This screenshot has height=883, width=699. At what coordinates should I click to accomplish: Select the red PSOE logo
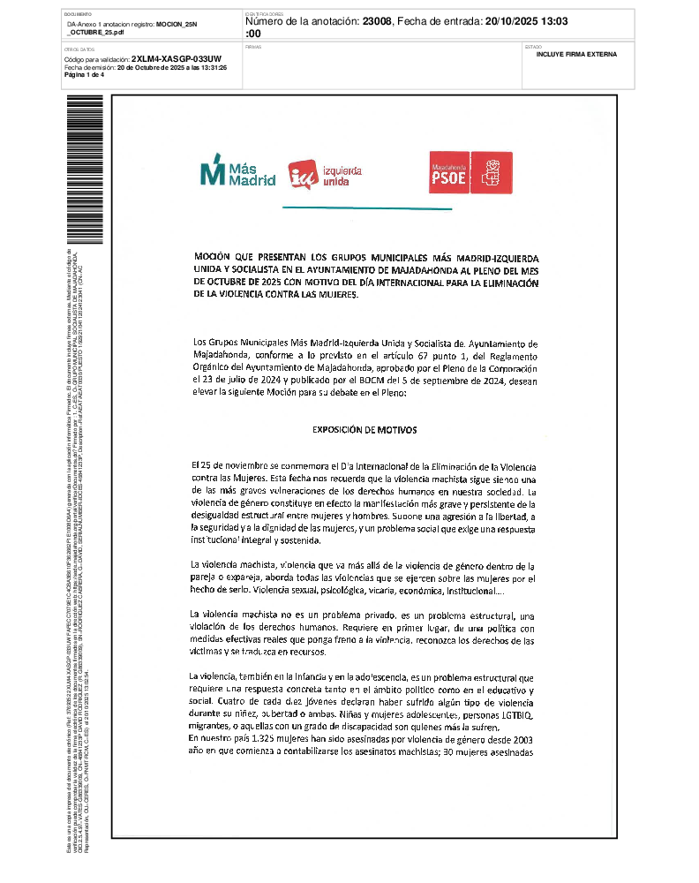(471, 172)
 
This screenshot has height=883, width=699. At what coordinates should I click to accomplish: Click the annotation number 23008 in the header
(379, 21)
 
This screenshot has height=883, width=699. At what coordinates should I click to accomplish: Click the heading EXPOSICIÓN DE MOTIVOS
(365, 430)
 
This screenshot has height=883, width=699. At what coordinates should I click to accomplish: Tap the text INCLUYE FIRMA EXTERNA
(576, 55)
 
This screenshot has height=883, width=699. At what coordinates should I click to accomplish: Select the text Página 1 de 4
(85, 75)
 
